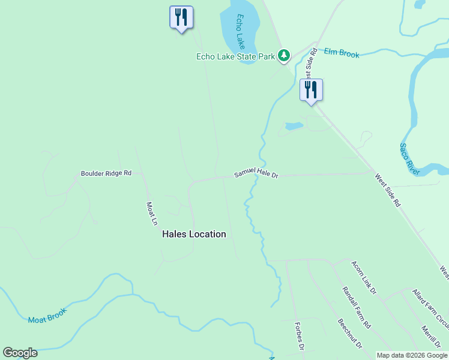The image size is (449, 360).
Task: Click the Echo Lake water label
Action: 241,32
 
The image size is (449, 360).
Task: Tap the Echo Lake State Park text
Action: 235,57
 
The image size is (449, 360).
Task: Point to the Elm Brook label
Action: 342,54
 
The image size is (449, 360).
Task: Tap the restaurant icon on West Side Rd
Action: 311,90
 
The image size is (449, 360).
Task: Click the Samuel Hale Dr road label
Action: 256,174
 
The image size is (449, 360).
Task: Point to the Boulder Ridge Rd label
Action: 106,173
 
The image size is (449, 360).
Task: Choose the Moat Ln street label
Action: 152,213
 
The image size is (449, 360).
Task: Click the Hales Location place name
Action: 194,234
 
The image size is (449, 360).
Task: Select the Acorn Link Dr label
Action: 364,278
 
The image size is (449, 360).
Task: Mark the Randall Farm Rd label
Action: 357,307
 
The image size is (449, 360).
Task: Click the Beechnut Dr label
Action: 349,334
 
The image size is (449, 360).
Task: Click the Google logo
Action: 20,353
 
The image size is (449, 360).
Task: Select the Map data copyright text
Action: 411,355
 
